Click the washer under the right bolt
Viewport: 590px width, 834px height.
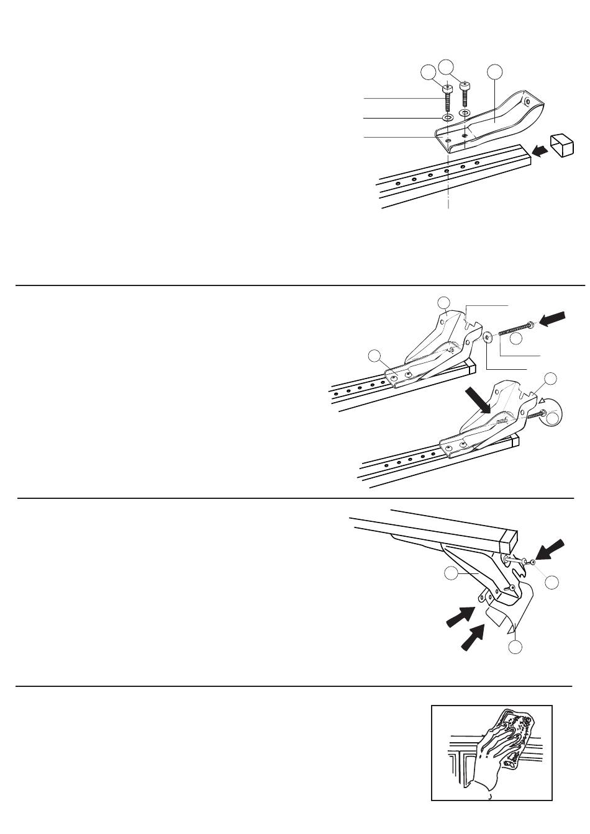465,112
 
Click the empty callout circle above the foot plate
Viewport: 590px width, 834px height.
494,72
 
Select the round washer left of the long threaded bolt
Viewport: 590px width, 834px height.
488,336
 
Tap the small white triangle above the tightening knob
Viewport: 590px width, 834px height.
541,400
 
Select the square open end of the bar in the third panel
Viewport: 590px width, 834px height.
511,537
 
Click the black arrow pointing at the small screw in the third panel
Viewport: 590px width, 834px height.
550,550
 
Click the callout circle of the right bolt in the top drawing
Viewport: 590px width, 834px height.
447,66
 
